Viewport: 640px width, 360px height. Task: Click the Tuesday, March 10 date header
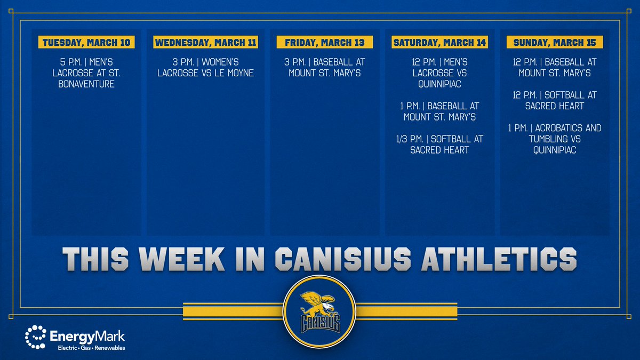pos(86,42)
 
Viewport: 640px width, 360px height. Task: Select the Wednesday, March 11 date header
pos(205,42)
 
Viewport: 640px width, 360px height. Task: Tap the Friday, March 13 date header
pos(324,42)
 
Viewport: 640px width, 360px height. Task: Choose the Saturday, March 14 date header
pos(439,42)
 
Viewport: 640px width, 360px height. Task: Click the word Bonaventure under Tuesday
pos(86,84)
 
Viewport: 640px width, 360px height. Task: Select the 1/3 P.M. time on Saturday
pos(408,139)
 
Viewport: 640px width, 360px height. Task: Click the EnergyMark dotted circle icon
pos(35,337)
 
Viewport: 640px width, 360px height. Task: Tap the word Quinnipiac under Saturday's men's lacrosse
pos(439,84)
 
